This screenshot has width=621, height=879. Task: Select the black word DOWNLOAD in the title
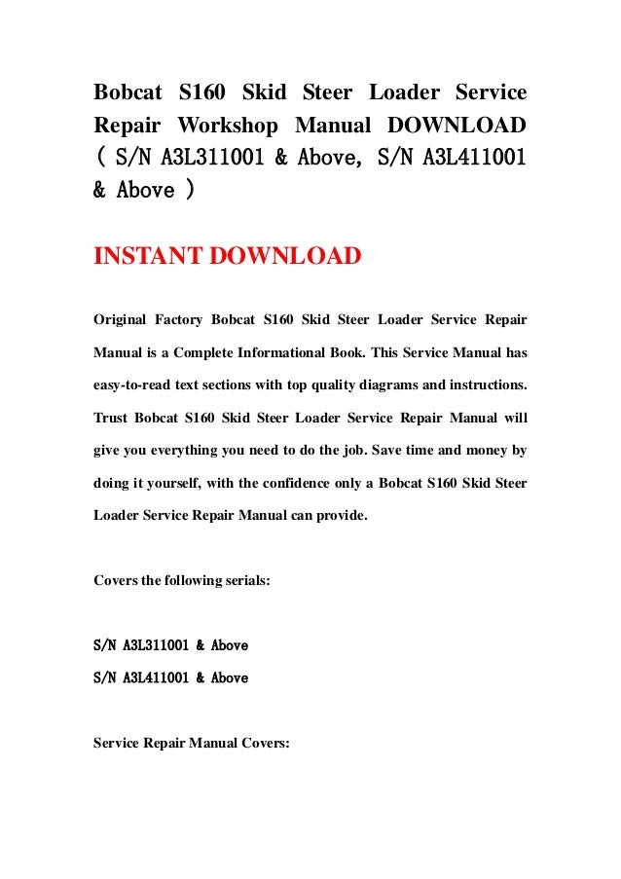(x=456, y=126)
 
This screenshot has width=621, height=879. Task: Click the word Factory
(x=202, y=319)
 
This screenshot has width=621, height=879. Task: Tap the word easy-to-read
(x=133, y=397)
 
